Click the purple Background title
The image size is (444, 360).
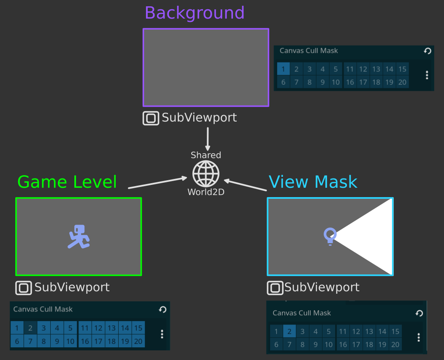195,13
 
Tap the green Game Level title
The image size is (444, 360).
67,182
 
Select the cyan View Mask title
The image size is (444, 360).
313,182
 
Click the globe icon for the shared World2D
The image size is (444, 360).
206,174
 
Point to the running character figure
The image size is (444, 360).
79,236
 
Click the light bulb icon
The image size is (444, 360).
330,236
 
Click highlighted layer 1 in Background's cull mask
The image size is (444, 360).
283,69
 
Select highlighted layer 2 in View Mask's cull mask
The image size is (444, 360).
289,331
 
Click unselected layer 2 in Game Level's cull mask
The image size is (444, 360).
30,328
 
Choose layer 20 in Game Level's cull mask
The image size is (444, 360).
138,341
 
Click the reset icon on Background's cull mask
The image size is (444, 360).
428,51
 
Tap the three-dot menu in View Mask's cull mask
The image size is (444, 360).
419,337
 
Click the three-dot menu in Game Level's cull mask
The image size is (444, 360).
162,334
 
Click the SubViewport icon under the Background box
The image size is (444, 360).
151,118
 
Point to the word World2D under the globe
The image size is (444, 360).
206,192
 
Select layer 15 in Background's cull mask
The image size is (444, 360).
402,69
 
